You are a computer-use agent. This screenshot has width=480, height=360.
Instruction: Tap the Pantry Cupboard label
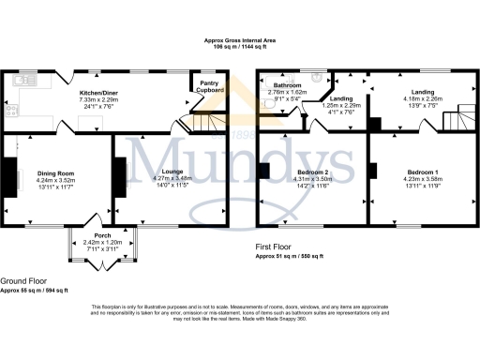click(x=208, y=86)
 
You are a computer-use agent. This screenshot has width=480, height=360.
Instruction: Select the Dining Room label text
click(x=55, y=173)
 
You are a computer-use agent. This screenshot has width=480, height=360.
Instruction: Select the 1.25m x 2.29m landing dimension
click(x=340, y=105)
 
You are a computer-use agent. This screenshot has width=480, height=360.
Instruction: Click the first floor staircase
click(x=456, y=117)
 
